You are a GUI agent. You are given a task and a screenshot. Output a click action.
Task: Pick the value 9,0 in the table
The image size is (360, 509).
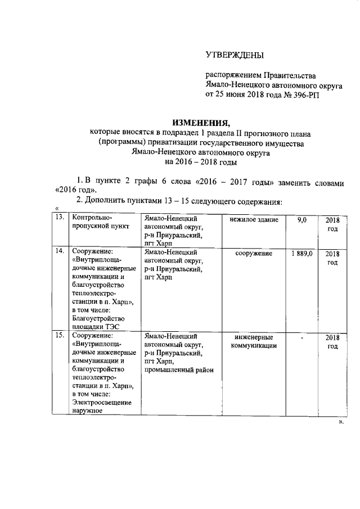(x=301, y=219)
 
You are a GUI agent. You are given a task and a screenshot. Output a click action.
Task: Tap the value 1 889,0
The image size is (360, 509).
(x=301, y=254)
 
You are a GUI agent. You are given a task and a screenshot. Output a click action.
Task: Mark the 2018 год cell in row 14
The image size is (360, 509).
(x=332, y=258)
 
